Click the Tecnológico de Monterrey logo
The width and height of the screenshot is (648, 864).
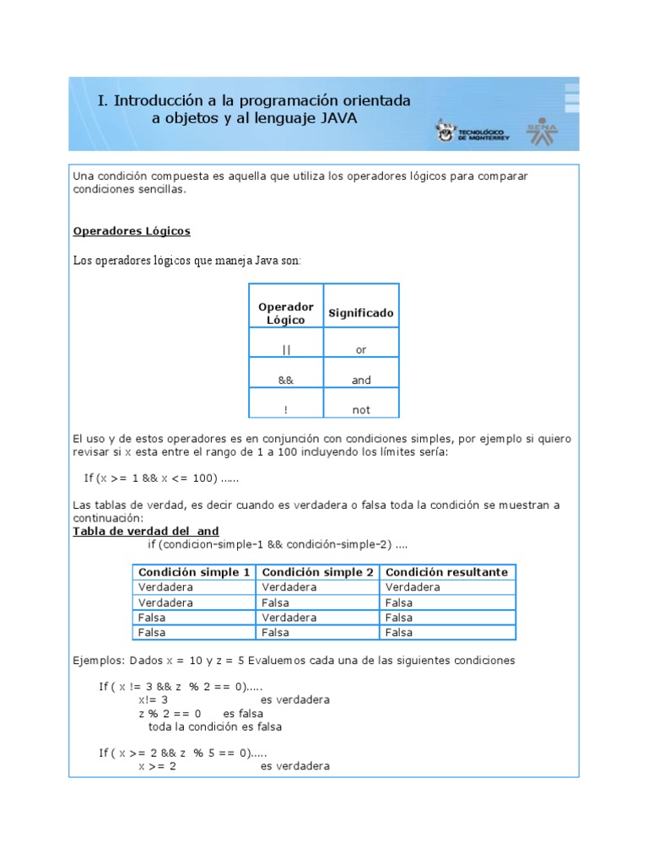472,131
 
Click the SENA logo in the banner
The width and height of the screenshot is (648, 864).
542,130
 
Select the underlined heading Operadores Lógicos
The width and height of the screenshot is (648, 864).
132,230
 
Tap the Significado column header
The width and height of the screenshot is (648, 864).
361,313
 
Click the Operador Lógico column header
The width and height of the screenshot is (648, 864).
285,313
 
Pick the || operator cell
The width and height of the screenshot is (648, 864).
285,349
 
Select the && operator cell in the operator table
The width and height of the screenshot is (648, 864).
285,380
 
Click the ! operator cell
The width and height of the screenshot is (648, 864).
285,410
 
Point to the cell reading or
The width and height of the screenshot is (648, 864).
361,349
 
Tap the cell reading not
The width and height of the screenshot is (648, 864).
361,410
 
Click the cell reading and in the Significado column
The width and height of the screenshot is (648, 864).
361,380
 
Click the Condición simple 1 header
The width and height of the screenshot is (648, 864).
194,572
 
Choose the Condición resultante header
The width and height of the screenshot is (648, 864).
446,572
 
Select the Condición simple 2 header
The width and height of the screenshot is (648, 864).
317,572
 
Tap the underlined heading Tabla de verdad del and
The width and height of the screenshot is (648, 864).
146,531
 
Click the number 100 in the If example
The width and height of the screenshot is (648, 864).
202,478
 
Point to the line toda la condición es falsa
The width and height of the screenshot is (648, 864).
215,726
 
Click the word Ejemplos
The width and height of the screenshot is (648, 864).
97,660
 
